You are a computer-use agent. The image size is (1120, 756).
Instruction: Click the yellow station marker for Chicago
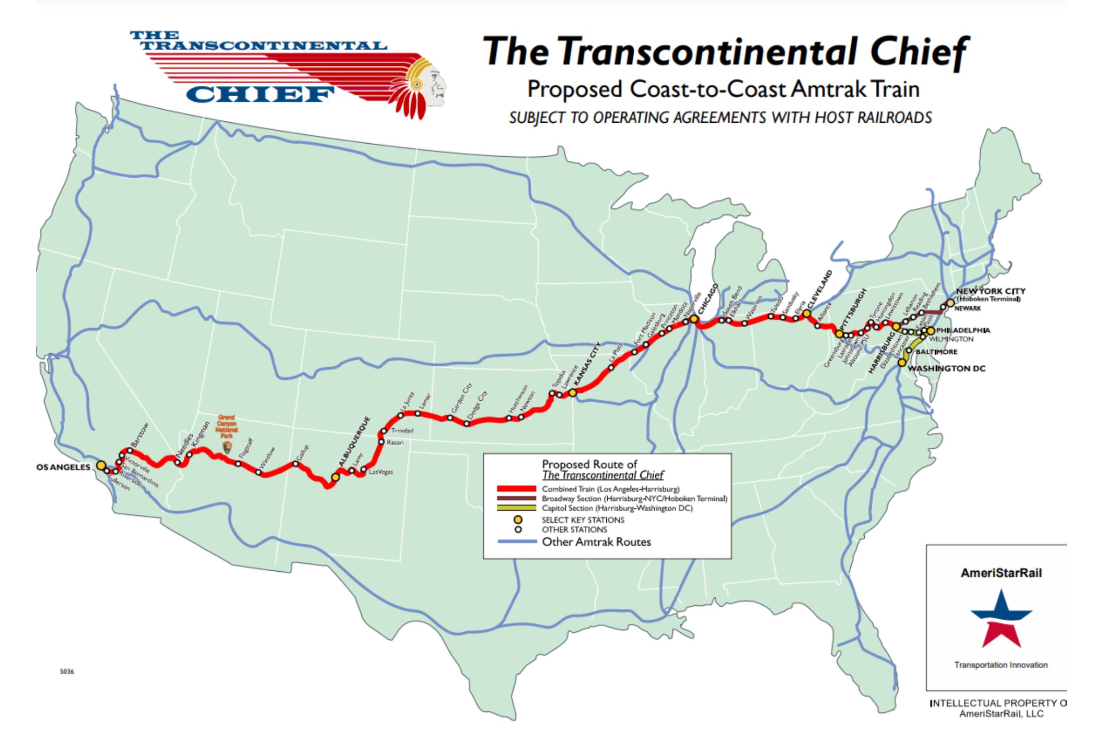pyautogui.click(x=693, y=319)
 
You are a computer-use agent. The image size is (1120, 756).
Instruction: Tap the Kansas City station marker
pyautogui.click(x=572, y=392)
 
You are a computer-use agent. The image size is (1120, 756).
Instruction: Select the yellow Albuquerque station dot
pyautogui.click(x=335, y=477)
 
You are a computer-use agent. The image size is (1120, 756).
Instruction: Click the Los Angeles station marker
pyautogui.click(x=101, y=465)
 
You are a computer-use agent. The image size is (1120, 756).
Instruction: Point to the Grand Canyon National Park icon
pyautogui.click(x=227, y=447)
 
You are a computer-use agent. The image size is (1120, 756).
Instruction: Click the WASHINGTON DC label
pyautogui.click(x=946, y=369)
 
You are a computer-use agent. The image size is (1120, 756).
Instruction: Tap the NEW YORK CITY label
pyautogui.click(x=991, y=291)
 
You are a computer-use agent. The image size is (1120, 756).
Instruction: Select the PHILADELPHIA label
pyautogui.click(x=963, y=330)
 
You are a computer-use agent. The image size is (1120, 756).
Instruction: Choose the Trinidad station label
pyautogui.click(x=402, y=431)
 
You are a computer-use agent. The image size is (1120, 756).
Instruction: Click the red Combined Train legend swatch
pyautogui.click(x=516, y=489)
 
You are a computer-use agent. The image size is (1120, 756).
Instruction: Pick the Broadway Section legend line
pyautogui.click(x=516, y=499)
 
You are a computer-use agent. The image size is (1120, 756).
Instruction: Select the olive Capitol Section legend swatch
pyautogui.click(x=516, y=508)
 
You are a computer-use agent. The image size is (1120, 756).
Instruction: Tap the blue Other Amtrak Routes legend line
pyautogui.click(x=516, y=542)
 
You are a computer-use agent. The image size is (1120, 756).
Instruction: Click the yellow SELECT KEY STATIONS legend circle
pyautogui.click(x=518, y=520)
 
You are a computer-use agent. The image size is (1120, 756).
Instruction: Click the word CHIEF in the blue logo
pyautogui.click(x=260, y=94)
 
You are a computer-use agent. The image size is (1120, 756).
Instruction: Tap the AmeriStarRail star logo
pyautogui.click(x=1001, y=619)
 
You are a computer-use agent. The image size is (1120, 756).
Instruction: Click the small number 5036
pyautogui.click(x=67, y=672)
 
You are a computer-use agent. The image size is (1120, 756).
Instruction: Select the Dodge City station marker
pyautogui.click(x=467, y=424)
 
